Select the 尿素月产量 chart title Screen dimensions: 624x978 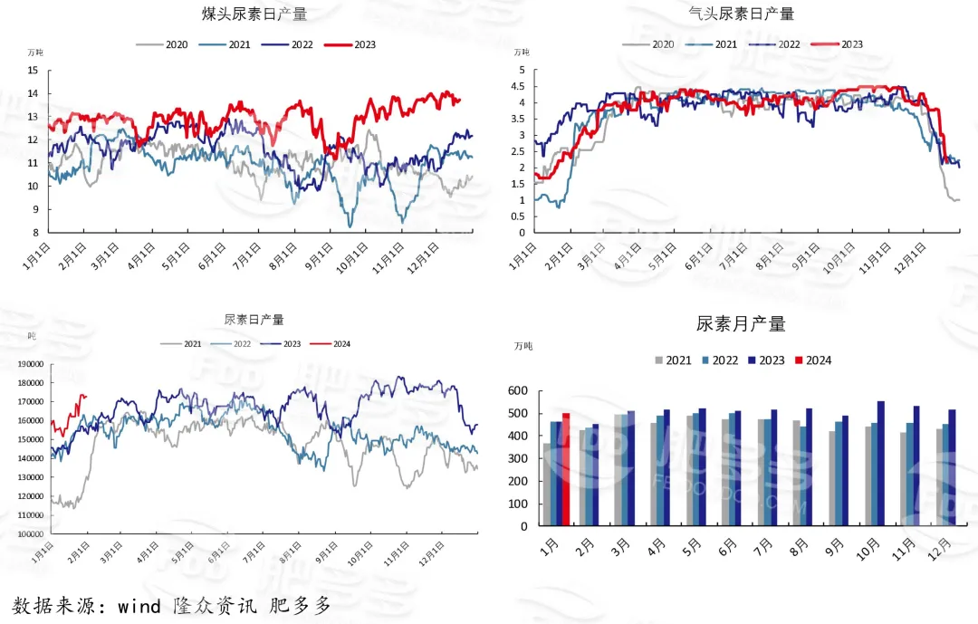740,324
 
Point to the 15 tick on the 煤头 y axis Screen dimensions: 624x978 33,71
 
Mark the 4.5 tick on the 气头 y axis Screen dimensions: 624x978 517,87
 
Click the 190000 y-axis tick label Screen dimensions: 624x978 27,364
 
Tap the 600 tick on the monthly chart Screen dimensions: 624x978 517,391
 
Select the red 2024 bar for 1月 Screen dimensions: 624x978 566,469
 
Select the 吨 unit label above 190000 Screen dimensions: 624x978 32,336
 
